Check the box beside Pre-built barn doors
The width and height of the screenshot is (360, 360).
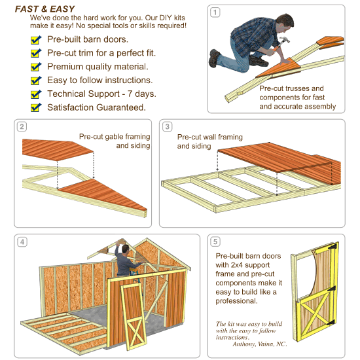pyautogui.click(x=36, y=40)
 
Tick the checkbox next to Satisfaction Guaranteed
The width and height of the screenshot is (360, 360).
pyautogui.click(x=36, y=107)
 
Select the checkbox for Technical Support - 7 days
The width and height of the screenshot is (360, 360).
pyautogui.click(x=36, y=94)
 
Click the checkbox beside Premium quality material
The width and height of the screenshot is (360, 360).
pyautogui.click(x=36, y=67)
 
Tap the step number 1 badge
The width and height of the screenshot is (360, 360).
pyautogui.click(x=215, y=12)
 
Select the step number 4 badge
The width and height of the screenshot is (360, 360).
pyautogui.click(x=22, y=242)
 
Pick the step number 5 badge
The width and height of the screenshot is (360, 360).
pyautogui.click(x=215, y=242)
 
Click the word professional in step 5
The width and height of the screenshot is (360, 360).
pyautogui.click(x=239, y=302)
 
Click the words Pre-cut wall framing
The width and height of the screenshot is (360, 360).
pyautogui.click(x=209, y=137)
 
